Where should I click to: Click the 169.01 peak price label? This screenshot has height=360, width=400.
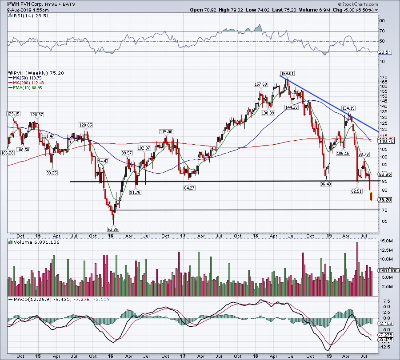(288, 73)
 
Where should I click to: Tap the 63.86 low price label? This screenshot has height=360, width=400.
(113, 229)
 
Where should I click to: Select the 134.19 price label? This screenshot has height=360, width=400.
(348, 108)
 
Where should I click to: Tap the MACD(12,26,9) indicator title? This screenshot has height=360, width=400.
(39, 300)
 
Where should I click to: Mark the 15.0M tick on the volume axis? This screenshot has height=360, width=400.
(386, 241)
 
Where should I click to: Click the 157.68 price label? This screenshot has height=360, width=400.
(260, 84)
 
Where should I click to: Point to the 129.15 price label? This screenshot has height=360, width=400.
(13, 114)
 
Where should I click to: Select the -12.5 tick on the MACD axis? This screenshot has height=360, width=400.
(385, 347)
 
